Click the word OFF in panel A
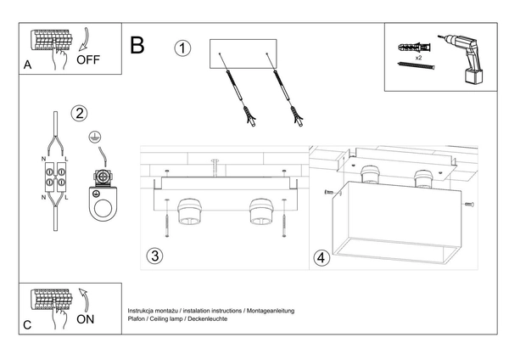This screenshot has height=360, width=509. [88, 60]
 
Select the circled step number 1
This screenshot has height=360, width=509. [182, 48]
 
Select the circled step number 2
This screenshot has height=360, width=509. [80, 113]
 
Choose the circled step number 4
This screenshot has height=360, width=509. [322, 257]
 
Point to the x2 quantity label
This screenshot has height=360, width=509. [418, 59]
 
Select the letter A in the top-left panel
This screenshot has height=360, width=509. [28, 65]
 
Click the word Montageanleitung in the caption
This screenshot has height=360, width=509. [269, 312]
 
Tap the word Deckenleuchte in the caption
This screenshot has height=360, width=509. [207, 320]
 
